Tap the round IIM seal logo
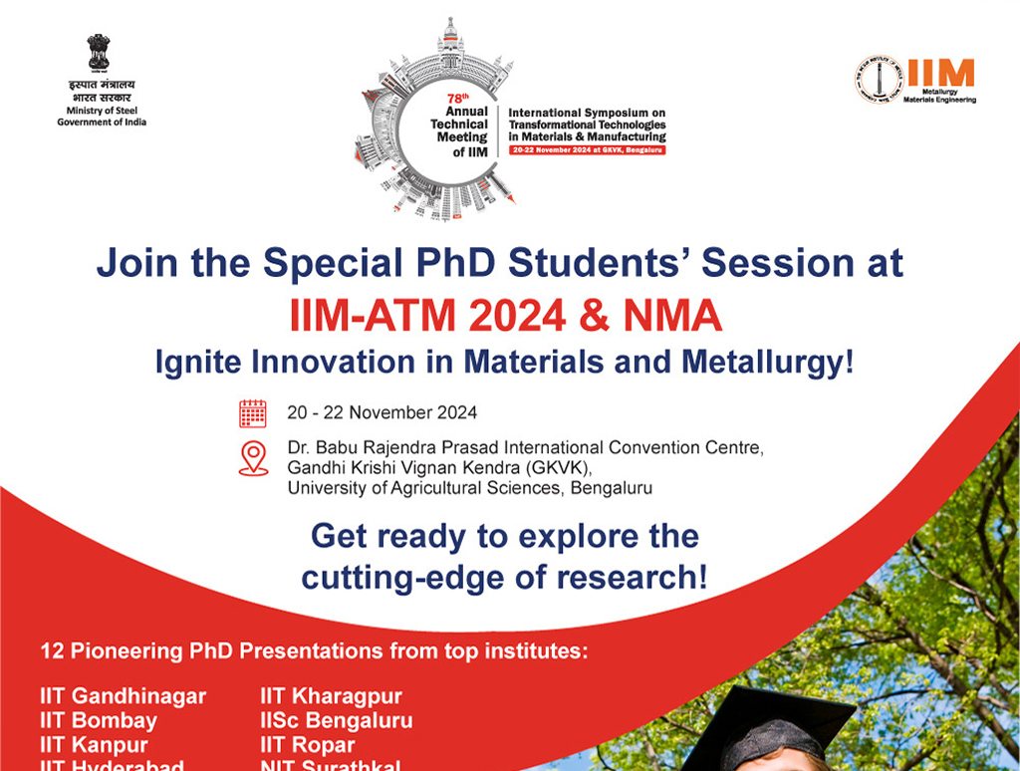878,80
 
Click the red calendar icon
253,412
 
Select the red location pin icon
254,458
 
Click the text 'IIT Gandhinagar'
123,696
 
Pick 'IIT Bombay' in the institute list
99,720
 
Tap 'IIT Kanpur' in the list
94,745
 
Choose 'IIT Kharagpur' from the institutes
331,696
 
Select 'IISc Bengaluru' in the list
336,720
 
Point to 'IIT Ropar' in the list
307,745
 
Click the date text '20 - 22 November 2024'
382,412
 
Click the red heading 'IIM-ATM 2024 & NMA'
505,317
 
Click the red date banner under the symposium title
587,148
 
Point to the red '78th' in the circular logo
457,100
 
